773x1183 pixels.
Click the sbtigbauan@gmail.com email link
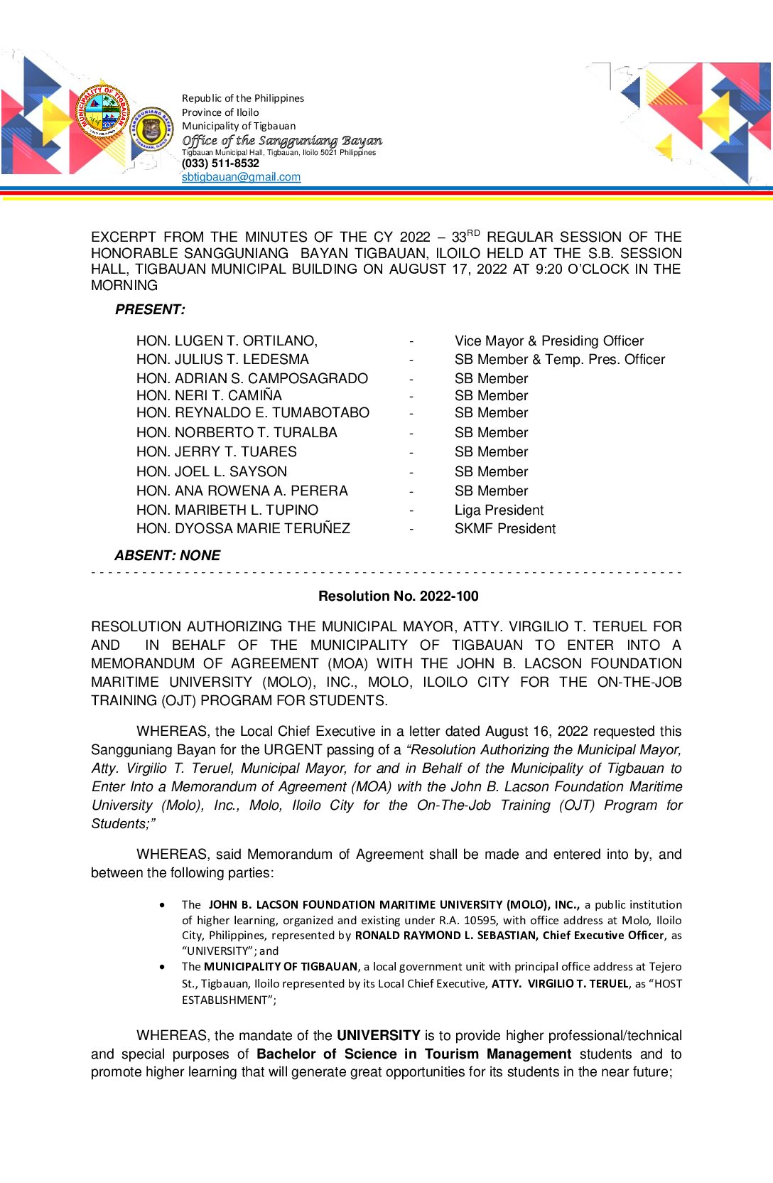click(x=241, y=177)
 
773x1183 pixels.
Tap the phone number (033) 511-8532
click(x=220, y=164)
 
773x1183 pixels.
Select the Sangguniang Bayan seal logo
click(x=151, y=129)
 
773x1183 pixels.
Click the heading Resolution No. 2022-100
click(x=398, y=596)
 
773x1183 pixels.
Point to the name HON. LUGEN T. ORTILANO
click(x=227, y=341)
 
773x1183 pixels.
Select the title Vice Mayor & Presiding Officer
click(x=549, y=341)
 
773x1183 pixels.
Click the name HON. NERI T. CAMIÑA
click(x=209, y=396)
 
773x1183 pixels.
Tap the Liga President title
click(x=499, y=510)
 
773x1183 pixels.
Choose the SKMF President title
click(x=505, y=529)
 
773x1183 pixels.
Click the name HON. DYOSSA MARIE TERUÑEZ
click(x=243, y=529)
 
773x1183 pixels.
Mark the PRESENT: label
click(x=150, y=310)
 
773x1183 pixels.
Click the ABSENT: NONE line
click(x=167, y=556)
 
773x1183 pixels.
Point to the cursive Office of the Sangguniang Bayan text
click(x=282, y=141)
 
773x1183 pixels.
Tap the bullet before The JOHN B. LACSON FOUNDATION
click(x=163, y=905)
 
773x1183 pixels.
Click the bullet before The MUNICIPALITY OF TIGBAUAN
click(x=163, y=967)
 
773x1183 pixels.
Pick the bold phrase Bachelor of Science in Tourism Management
click(x=413, y=1054)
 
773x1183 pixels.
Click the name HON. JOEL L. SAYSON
click(x=212, y=472)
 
